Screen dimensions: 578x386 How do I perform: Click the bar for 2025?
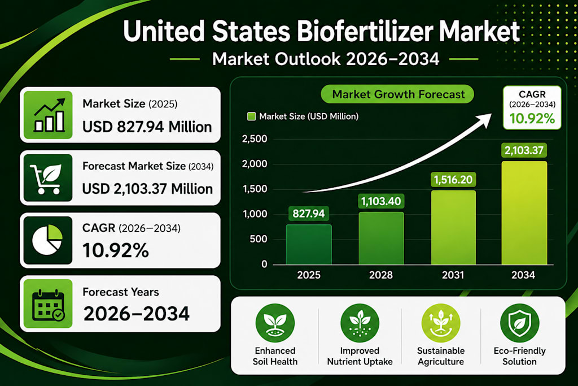309,244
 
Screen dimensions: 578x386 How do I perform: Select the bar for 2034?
524,212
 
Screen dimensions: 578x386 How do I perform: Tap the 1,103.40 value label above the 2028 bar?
381,202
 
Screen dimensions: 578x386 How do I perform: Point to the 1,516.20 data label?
453,180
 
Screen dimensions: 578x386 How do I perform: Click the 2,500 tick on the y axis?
255,139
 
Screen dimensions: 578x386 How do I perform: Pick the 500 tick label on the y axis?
259,239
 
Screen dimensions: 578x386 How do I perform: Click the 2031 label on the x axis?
453,275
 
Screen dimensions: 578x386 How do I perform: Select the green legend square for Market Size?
251,116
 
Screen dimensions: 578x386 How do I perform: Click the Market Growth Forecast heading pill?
397,94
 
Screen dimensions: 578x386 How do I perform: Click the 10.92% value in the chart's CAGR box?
532,119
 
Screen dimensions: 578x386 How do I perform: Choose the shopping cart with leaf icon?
46,179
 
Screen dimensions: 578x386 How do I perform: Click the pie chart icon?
47,240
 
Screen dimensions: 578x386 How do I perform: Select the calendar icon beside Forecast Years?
49,305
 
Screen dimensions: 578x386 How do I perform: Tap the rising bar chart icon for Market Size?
49,115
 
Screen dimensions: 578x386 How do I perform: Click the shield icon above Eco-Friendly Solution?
520,323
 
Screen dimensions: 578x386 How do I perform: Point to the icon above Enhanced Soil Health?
275,323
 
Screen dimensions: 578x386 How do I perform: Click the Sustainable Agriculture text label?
441,356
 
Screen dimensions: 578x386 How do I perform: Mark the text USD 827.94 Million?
147,127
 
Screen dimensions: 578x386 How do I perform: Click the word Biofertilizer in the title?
365,32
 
